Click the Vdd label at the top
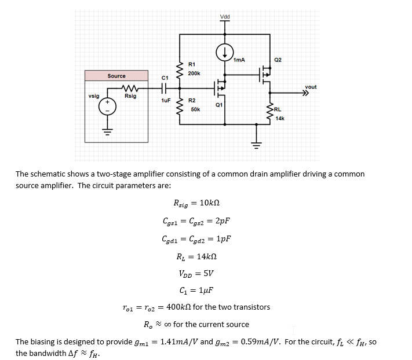coord(225,16)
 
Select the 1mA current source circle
coord(225,52)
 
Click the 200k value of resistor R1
coord(194,74)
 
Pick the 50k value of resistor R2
coord(195,109)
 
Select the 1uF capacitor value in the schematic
coord(165,100)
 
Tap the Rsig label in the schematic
coord(130,96)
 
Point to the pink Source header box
coord(116,76)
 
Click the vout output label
coord(311,87)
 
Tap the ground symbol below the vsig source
coord(107,131)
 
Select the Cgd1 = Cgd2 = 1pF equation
coord(197,238)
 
